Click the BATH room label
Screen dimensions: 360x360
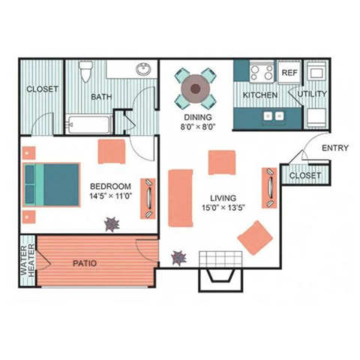point(101,97)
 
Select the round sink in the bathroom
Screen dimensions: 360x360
point(142,70)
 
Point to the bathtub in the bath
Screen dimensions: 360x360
point(89,124)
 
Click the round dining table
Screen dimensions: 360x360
point(196,88)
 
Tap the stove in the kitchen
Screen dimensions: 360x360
point(262,73)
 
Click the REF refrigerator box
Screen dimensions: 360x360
point(289,73)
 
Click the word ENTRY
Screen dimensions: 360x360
point(334,148)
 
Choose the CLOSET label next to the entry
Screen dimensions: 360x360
point(304,175)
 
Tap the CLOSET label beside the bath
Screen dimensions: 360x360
point(42,89)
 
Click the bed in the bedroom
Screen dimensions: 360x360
point(51,183)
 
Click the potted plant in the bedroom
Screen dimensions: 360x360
point(112,223)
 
